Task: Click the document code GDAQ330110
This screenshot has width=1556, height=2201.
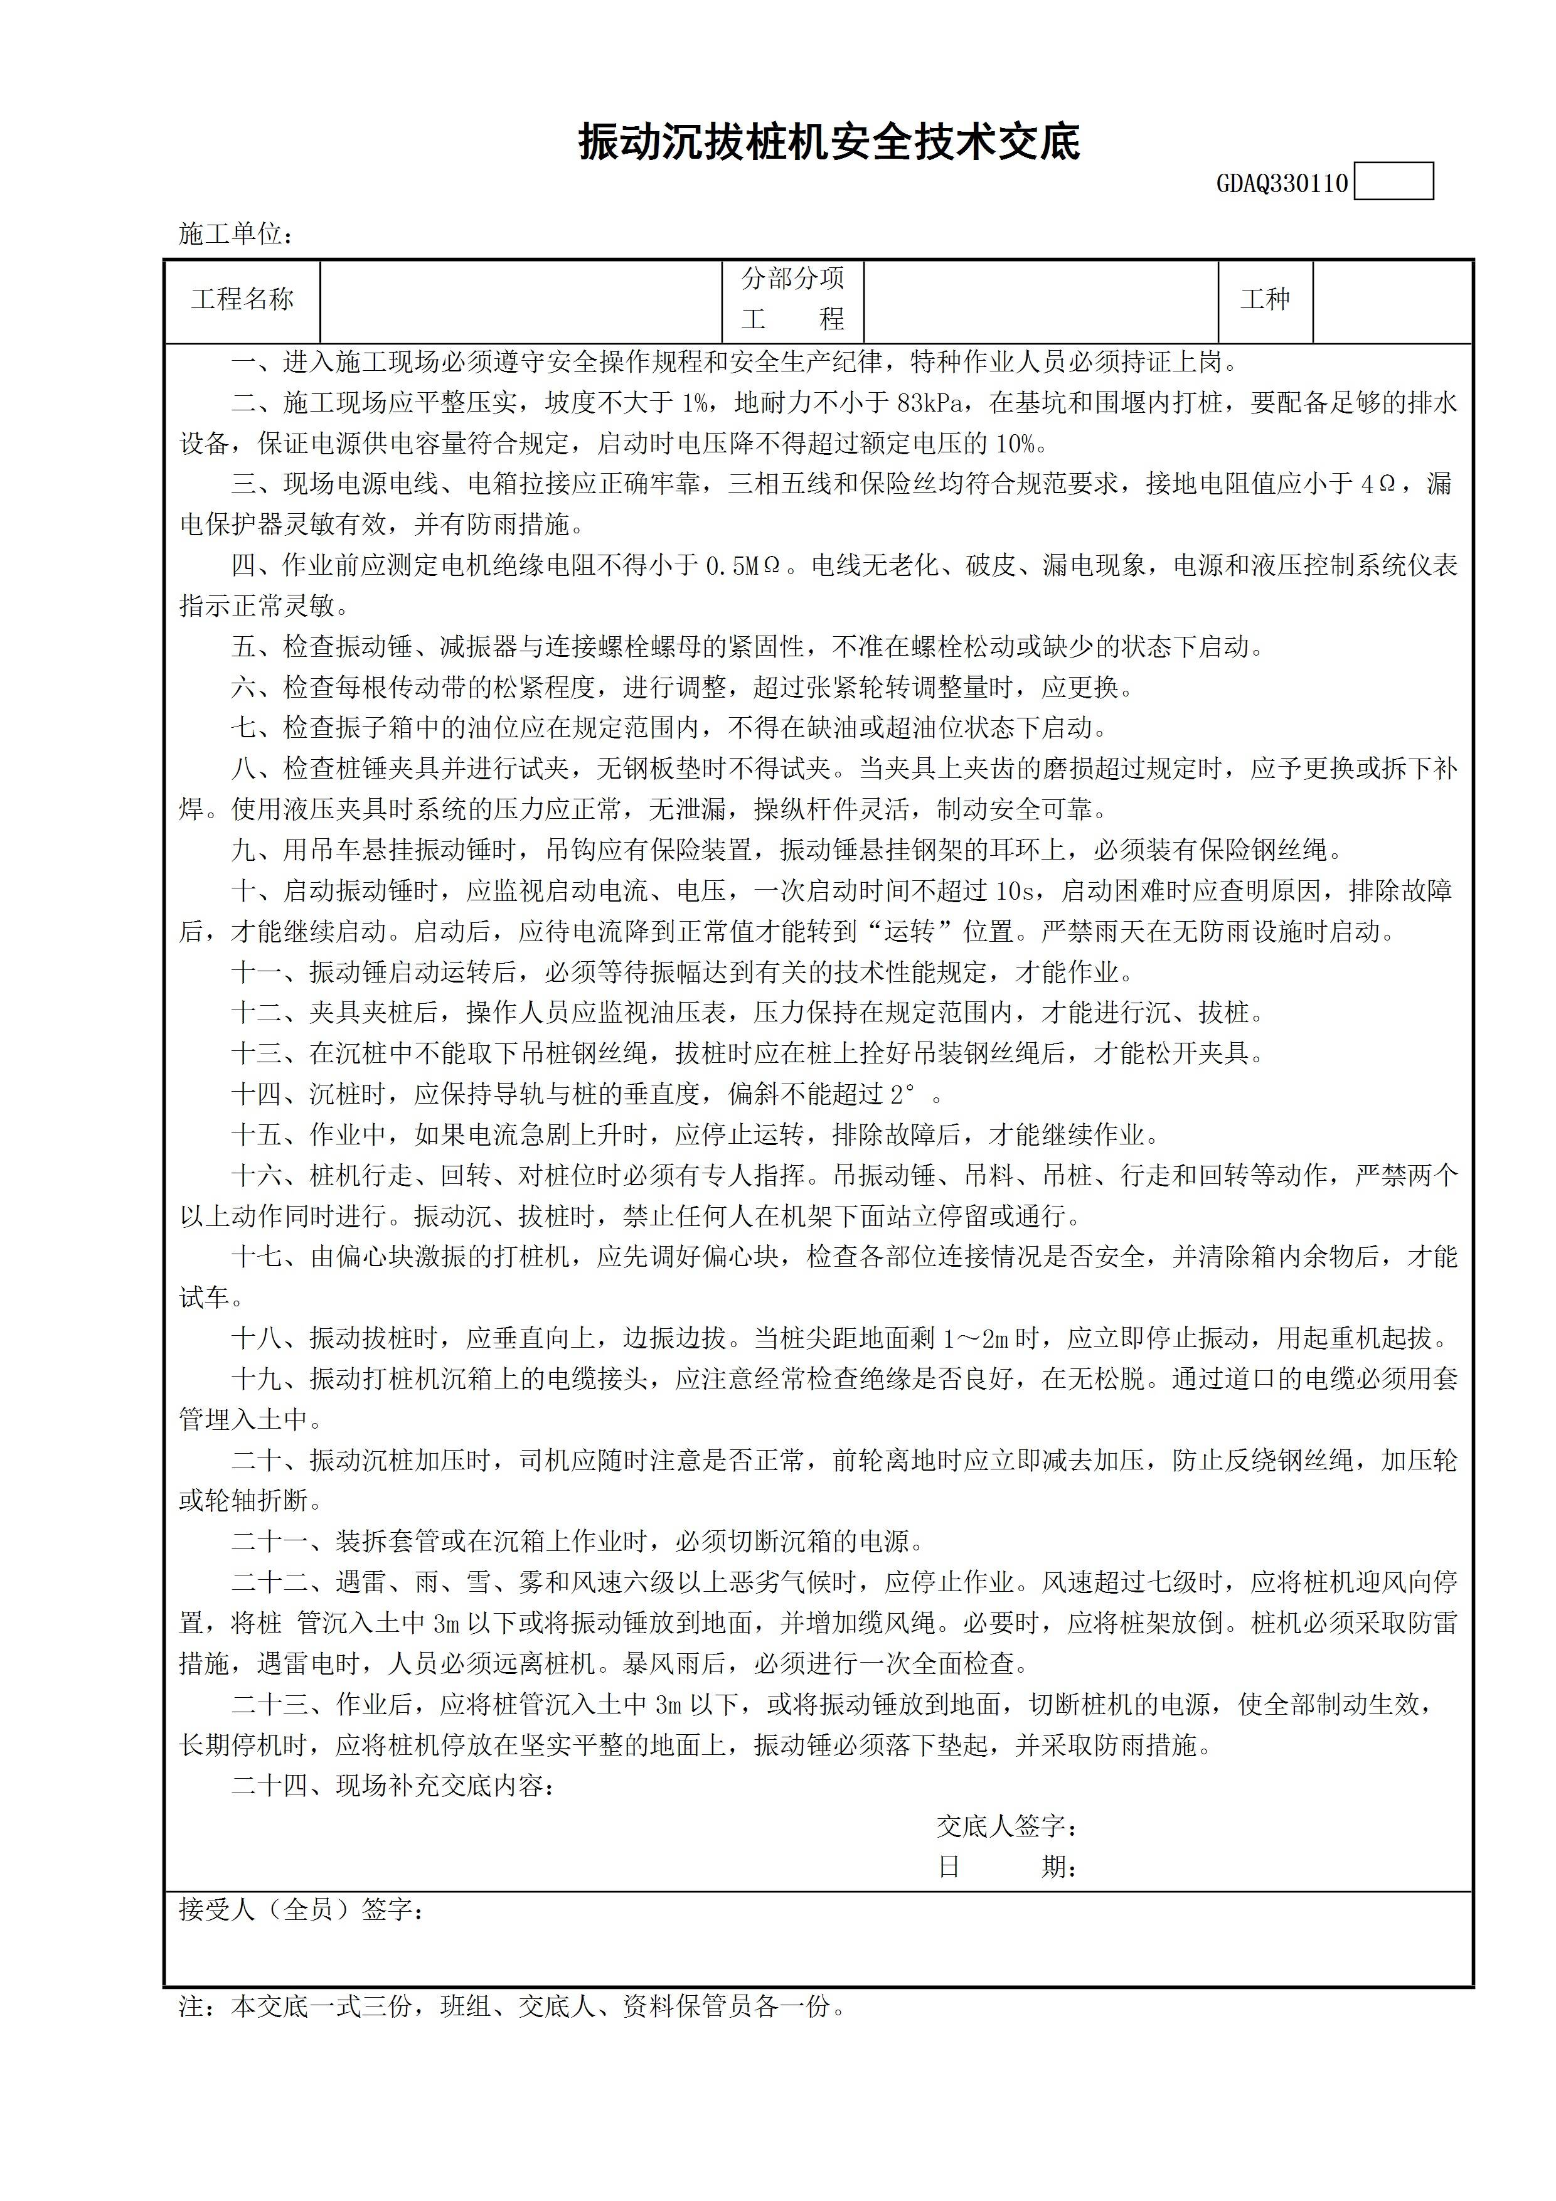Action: click(x=1282, y=183)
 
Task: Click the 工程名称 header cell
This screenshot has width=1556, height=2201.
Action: click(x=243, y=300)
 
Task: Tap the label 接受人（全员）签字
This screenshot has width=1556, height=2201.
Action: click(x=302, y=1910)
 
